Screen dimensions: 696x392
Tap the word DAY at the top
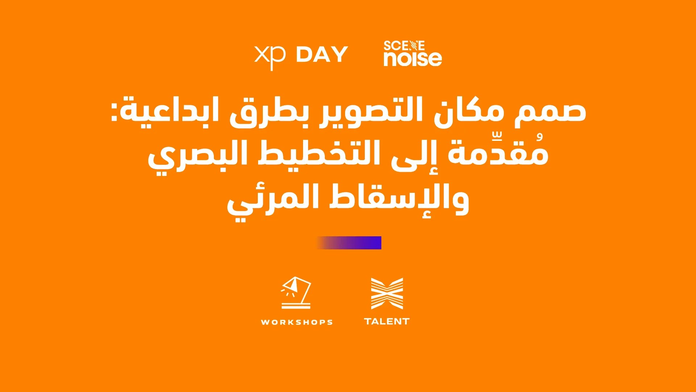click(322, 54)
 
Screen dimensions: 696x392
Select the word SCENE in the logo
click(404, 46)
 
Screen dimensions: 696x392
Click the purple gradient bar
click(349, 243)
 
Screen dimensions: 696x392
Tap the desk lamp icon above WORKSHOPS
click(296, 293)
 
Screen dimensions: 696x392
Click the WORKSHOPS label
click(297, 322)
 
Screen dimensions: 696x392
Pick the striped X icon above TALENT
click(387, 294)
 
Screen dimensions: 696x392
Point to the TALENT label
click(387, 321)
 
